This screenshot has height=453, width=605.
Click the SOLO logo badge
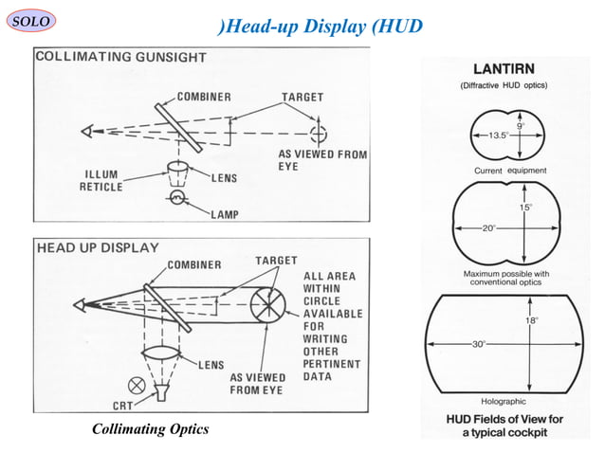click(31, 20)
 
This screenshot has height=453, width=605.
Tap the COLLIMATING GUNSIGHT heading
click(120, 57)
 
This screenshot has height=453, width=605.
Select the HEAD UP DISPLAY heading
click(98, 247)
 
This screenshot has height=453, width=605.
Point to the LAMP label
click(225, 215)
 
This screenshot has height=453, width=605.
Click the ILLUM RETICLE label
click(101, 181)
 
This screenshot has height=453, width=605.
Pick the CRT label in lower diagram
click(126, 404)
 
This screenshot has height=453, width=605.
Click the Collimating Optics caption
click(150, 430)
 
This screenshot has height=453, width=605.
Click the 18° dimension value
click(532, 320)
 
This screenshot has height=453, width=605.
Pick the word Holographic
click(504, 402)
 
